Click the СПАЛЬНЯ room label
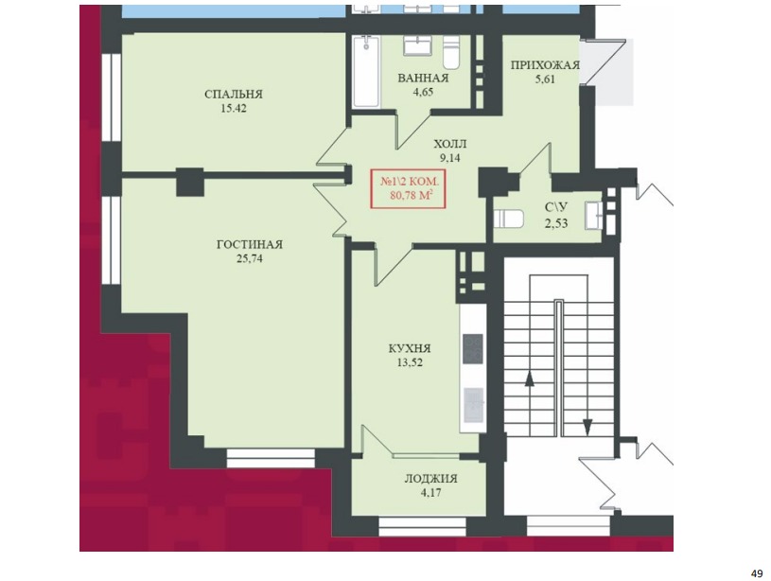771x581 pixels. click(x=234, y=94)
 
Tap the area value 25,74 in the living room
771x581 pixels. click(x=250, y=258)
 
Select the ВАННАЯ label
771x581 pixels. click(x=424, y=79)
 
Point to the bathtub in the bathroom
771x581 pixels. click(x=367, y=71)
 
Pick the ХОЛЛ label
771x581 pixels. click(x=450, y=144)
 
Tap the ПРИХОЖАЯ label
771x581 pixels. click(x=545, y=65)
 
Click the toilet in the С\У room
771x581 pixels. click(x=508, y=219)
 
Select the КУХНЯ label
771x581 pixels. click(x=410, y=349)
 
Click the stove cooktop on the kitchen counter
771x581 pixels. click(x=473, y=349)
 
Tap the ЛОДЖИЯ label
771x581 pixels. click(x=430, y=479)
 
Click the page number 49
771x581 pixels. click(x=757, y=573)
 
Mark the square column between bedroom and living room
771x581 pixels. click(x=190, y=182)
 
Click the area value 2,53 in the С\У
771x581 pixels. click(x=556, y=223)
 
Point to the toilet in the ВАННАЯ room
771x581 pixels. click(x=451, y=53)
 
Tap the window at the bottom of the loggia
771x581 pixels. click(x=423, y=527)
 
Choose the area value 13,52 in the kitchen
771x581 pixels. click(x=410, y=363)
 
